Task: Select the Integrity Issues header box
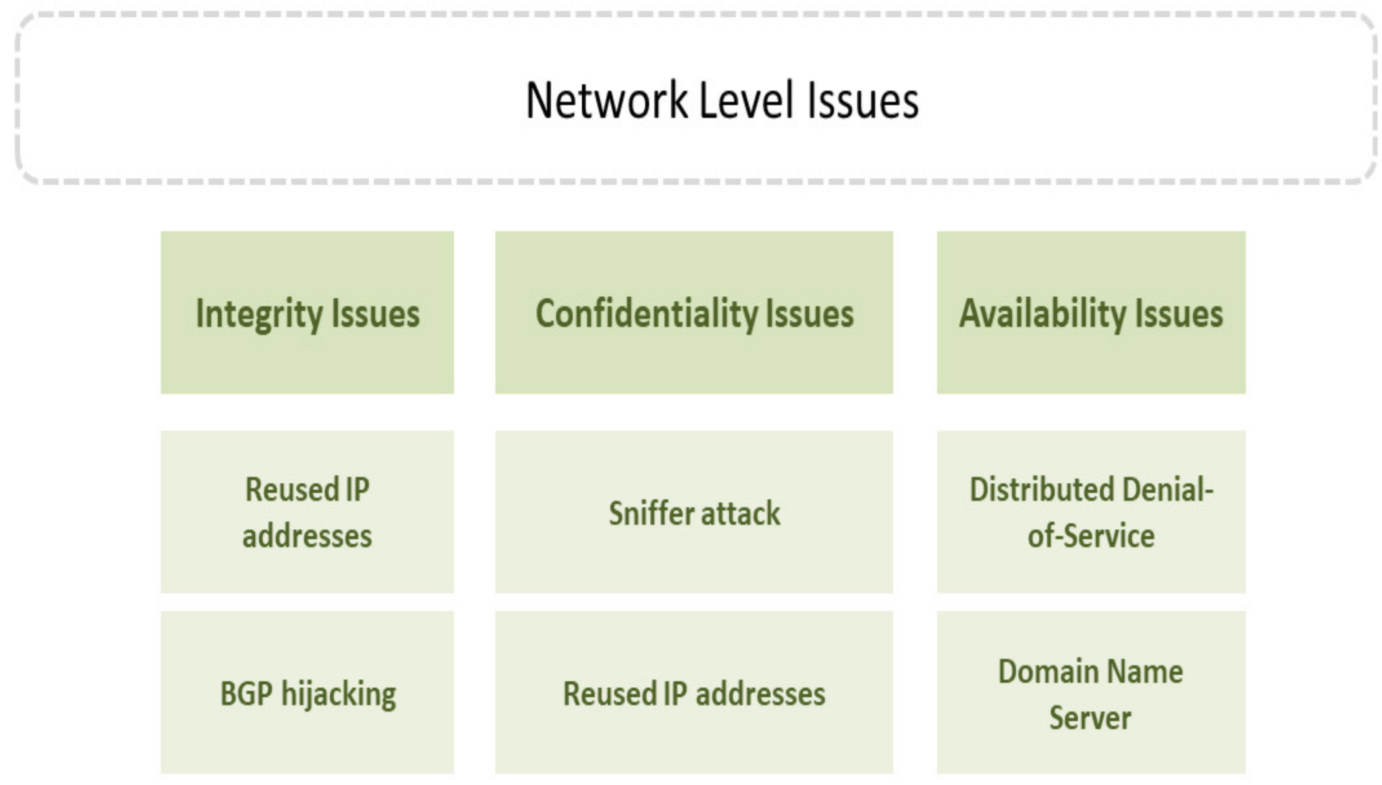pyautogui.click(x=307, y=312)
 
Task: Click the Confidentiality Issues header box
pyautogui.click(x=694, y=312)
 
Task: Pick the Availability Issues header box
pyautogui.click(x=1091, y=312)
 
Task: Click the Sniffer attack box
pyautogui.click(x=694, y=511)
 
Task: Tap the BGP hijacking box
pyautogui.click(x=307, y=692)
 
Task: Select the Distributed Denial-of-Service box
pyautogui.click(x=1091, y=511)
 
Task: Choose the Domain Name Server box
pyautogui.click(x=1091, y=692)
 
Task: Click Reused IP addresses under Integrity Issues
pyautogui.click(x=307, y=511)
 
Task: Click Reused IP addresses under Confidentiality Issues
pyautogui.click(x=694, y=692)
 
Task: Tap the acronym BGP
pyautogui.click(x=246, y=693)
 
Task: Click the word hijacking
pyautogui.click(x=339, y=695)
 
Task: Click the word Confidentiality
pyautogui.click(x=646, y=314)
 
